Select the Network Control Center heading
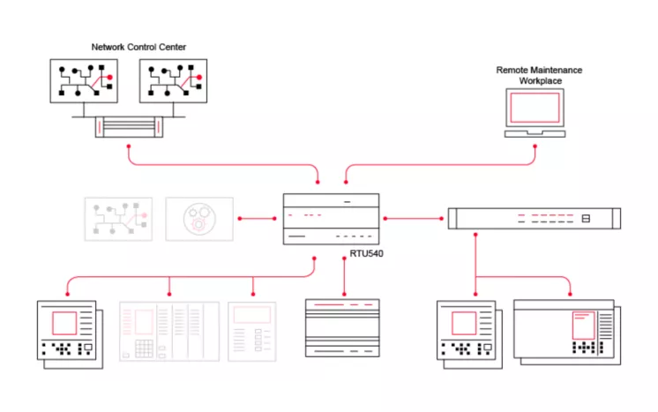tap(138, 47)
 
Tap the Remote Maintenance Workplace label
tap(539, 75)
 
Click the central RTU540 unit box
tap(331, 219)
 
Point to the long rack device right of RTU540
tap(534, 218)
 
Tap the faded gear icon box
tap(199, 219)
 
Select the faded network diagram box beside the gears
tap(117, 219)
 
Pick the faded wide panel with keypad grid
tap(168, 332)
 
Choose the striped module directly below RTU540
tap(342, 327)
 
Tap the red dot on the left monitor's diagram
tap(111, 79)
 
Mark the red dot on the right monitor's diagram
tap(198, 79)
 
